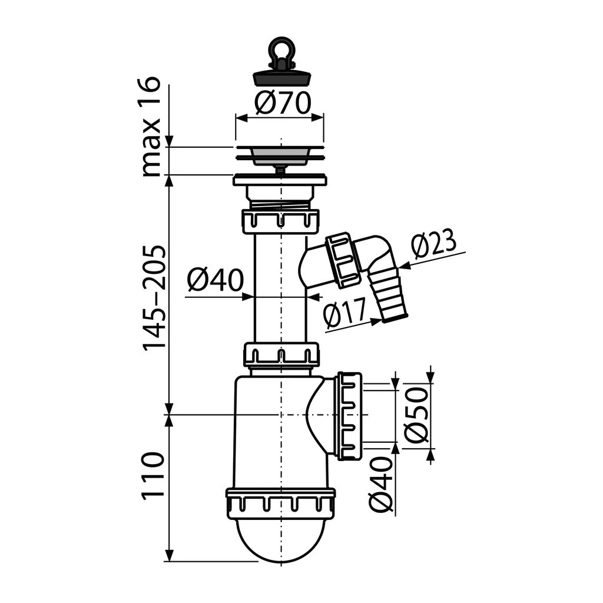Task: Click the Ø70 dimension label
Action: [283, 103]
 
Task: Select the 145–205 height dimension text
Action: [154, 297]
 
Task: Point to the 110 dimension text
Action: [154, 476]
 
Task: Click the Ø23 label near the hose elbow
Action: [434, 243]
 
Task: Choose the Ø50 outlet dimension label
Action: [416, 415]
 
